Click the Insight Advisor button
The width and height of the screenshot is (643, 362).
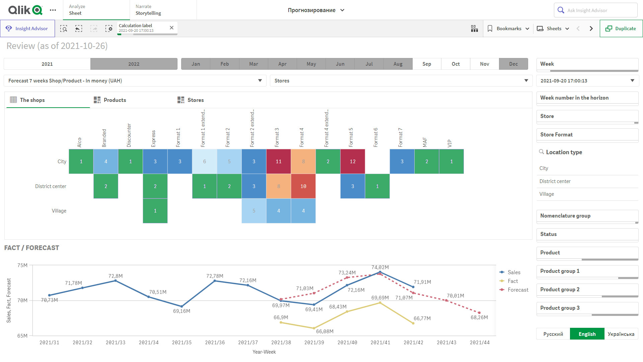tap(27, 28)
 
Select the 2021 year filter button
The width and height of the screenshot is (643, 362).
tap(47, 64)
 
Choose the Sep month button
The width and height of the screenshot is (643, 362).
tap(427, 64)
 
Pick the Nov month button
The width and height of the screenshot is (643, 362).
tap(484, 64)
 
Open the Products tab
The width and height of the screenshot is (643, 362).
tap(115, 100)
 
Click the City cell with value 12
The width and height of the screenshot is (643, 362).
tap(352, 162)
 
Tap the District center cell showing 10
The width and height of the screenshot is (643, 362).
tap(303, 186)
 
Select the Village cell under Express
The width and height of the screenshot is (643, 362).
tap(155, 211)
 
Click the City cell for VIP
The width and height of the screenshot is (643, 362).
tap(451, 162)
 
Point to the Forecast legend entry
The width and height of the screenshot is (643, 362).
tap(518, 290)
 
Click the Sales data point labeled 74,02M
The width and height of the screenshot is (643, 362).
tap(380, 272)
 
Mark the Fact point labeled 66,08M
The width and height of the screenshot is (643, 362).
tap(314, 328)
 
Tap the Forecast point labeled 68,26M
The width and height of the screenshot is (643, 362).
tap(479, 313)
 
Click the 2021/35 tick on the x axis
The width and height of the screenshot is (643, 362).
tap(182, 343)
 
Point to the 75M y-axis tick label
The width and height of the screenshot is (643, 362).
tap(22, 265)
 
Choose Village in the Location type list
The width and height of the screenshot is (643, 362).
tap(547, 194)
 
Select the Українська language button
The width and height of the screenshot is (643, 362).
tap(621, 334)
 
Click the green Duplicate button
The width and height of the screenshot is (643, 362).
tap(621, 28)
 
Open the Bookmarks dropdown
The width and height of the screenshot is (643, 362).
tap(508, 28)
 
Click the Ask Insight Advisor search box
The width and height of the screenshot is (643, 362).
tap(595, 10)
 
